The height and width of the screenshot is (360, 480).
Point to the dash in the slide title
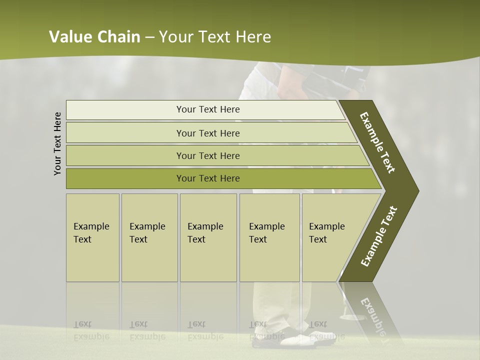point(149,37)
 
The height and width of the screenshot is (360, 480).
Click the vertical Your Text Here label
point(57,143)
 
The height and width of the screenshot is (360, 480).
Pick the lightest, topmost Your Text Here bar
point(207,109)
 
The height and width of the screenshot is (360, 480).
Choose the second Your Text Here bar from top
point(207,133)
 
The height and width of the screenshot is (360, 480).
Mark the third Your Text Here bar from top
point(207,155)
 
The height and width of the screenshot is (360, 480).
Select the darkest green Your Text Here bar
point(207,178)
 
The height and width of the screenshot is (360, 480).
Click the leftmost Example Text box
point(92,237)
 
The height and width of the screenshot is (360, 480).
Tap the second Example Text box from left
point(149,237)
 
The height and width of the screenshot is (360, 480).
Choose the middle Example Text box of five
point(208,237)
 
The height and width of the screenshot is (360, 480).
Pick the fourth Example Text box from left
point(269,237)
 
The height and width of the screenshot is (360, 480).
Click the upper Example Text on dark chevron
point(377,142)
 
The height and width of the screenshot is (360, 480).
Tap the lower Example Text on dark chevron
point(379,236)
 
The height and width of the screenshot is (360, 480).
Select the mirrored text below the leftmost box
point(90,330)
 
